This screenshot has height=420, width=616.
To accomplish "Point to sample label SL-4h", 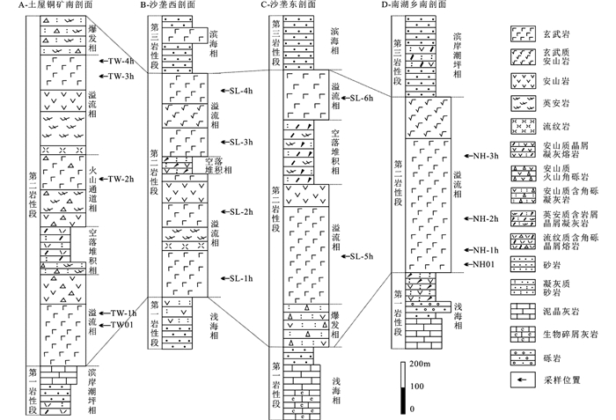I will click(x=240, y=91).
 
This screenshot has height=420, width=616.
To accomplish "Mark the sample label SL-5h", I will click(x=363, y=256).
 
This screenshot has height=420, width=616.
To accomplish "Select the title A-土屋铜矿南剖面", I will click(x=46, y=6).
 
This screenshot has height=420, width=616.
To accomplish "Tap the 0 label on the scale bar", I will click(x=413, y=409).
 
